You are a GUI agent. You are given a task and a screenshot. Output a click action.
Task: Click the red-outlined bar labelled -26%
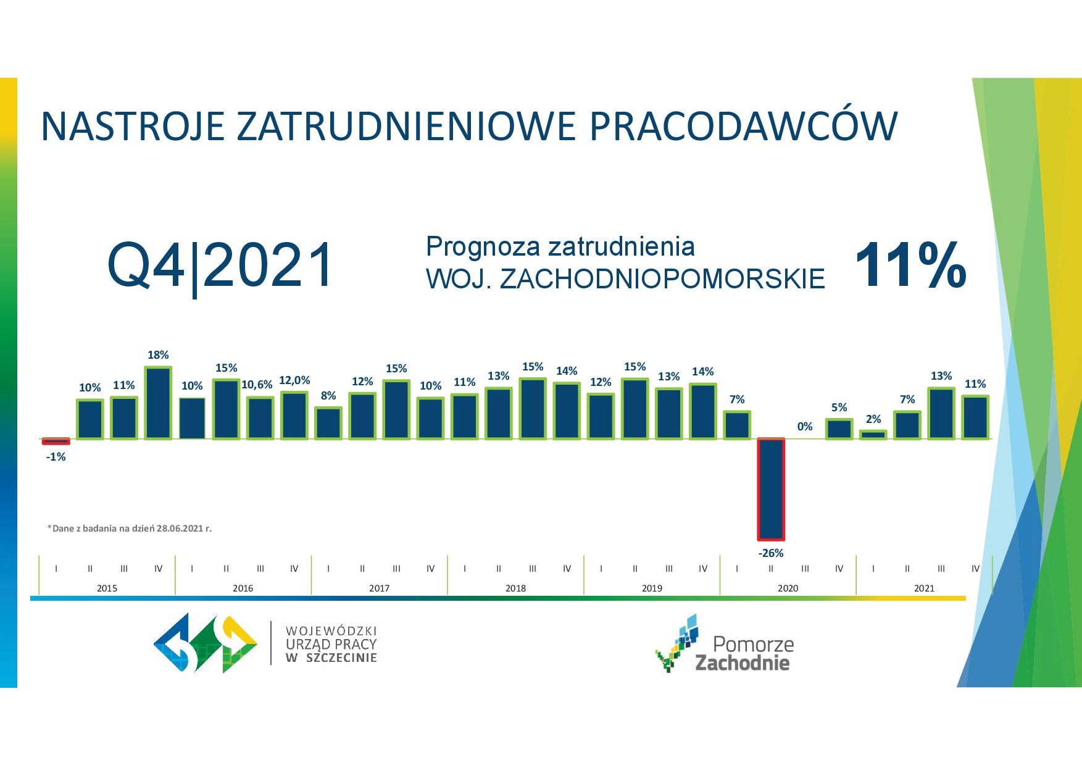[x=771, y=490]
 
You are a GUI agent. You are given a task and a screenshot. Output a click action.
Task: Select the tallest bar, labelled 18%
[x=158, y=403]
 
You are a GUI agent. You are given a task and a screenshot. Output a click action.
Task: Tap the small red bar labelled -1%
[x=56, y=441]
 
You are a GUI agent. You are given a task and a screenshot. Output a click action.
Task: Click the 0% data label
[x=805, y=427]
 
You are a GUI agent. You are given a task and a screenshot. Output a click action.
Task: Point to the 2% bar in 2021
[x=873, y=435]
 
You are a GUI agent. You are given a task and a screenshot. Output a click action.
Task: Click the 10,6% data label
[x=257, y=385]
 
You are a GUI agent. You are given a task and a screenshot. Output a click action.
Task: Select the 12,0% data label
[x=294, y=380]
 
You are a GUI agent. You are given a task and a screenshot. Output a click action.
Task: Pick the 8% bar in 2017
[x=328, y=423]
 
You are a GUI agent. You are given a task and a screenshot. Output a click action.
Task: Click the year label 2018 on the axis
[x=515, y=588]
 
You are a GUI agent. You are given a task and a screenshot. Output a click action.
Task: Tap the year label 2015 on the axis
[x=107, y=588]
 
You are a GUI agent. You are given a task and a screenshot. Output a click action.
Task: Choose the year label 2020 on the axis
[x=788, y=588]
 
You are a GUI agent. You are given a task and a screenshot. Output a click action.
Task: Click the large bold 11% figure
[x=911, y=265]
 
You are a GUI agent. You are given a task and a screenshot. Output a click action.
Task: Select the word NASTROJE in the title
[x=132, y=127]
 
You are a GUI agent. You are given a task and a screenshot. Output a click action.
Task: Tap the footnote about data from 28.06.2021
[x=130, y=529]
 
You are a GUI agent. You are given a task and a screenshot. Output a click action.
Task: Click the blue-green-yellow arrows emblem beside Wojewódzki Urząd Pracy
[x=206, y=643]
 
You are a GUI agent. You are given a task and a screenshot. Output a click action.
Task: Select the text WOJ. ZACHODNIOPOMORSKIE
[x=625, y=279]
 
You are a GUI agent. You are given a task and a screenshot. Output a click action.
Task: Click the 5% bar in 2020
[x=839, y=429]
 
